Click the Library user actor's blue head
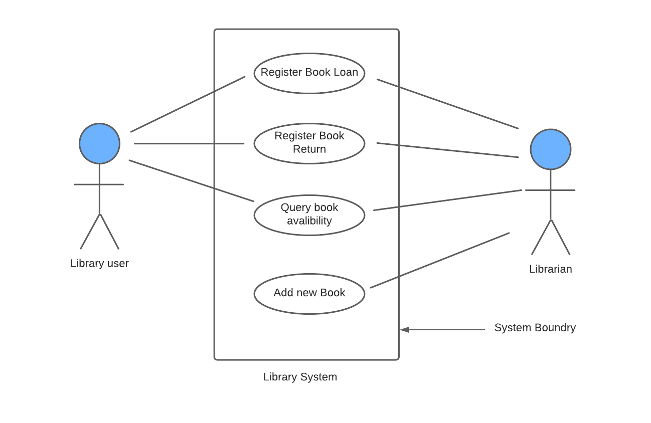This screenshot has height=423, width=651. tap(99, 143)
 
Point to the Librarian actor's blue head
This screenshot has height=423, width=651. tap(550, 149)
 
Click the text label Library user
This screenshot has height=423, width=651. tap(99, 263)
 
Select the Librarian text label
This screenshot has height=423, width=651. tap(550, 269)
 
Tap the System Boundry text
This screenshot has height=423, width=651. tap(535, 328)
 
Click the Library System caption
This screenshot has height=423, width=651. tap(300, 377)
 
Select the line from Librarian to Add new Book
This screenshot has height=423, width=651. tap(440, 260)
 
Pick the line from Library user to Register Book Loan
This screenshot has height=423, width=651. tap(188, 104)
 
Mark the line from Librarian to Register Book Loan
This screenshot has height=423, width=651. tap(447, 104)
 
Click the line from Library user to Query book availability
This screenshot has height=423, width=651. tap(191, 180)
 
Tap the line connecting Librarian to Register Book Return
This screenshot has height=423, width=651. tap(447, 150)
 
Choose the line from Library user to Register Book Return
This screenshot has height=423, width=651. tap(189, 144)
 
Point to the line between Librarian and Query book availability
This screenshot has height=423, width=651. tap(447, 200)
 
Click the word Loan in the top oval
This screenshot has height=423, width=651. tap(346, 72)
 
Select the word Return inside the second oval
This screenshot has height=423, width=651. tap(309, 149)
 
